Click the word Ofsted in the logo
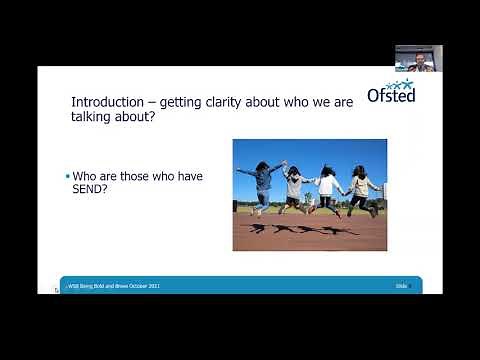click(x=391, y=95)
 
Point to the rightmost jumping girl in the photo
click(x=361, y=187)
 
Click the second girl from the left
click(x=294, y=186)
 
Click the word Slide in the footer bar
click(x=401, y=286)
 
